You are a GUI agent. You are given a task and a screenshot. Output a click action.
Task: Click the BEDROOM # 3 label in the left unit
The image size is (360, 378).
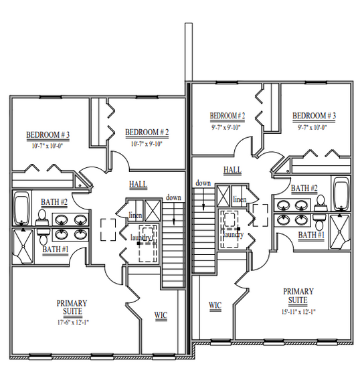pos(48,134)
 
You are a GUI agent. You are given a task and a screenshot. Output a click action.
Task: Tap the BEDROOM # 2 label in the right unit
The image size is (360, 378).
pos(228,116)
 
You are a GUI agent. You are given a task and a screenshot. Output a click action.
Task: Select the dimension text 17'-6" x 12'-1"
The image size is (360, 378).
pos(73,322)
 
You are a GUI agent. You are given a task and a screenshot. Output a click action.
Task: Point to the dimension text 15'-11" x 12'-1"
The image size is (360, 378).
pos(298,312)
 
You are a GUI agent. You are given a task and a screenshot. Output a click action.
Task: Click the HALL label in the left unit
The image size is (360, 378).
pos(138,185)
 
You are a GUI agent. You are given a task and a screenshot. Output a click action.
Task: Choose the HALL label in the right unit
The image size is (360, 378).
pos(232,170)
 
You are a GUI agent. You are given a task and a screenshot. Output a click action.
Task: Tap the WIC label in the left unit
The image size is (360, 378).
pos(161,315)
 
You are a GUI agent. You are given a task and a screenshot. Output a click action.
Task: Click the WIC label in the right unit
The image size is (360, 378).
pos(215,306)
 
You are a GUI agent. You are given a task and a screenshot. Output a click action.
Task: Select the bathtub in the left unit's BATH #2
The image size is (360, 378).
pos(22,207)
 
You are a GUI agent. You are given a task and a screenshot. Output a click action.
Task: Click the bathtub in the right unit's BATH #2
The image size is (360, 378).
pos(341,193)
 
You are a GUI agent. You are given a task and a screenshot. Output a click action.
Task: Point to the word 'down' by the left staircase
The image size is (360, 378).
pos(173,197)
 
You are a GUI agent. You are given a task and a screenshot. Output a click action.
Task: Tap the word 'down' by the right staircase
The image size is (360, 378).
pos(203,183)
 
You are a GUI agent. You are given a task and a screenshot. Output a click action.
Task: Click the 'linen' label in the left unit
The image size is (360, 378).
pos(135,215)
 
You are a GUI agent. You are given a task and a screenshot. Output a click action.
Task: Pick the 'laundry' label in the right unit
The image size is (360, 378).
pos(234,235)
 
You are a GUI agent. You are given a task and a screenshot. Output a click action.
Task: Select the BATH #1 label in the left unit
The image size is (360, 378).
pos(56,250)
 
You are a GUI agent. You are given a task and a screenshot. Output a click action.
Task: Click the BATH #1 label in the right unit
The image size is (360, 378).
pos(311,235)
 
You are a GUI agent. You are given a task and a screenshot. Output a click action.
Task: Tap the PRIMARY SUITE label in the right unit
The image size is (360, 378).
pos(298,296)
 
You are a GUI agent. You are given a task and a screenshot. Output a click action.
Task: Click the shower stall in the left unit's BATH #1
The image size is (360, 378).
pos(23,246)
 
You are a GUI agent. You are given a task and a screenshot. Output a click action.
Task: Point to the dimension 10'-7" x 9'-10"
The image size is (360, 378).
pos(147,144)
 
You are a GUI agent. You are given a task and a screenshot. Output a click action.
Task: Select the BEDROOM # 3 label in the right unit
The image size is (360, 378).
pos(314,116)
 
